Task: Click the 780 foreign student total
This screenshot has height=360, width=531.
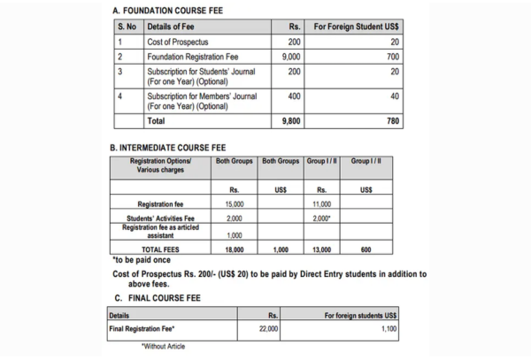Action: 391,121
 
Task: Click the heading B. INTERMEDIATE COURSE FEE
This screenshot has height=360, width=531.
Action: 173,149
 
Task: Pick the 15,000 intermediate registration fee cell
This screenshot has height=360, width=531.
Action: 234,203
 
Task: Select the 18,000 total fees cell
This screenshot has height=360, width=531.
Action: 234,249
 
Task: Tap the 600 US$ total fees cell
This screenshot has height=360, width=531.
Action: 366,249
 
